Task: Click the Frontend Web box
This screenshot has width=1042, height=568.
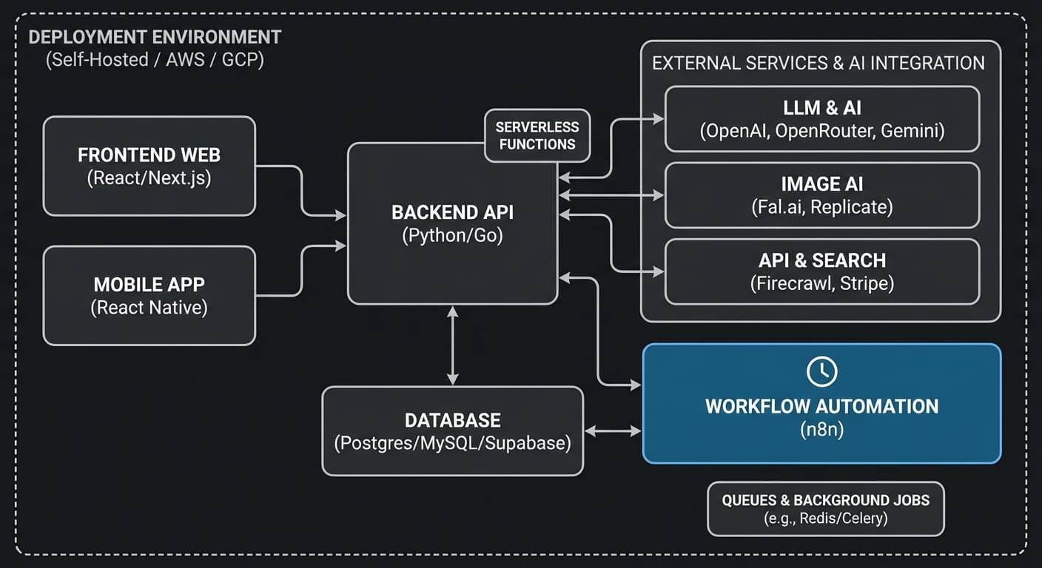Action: pos(149,166)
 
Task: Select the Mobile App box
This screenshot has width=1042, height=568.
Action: pos(149,295)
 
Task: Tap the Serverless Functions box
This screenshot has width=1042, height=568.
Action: pos(537,135)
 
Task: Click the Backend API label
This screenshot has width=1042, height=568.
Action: pos(452,213)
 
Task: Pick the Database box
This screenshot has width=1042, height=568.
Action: pos(452,430)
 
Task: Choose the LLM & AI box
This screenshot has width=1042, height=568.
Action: pos(821,118)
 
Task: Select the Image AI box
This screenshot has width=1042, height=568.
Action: pos(821,195)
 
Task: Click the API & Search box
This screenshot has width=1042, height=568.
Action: pos(821,271)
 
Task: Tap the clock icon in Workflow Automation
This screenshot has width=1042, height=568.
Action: pos(821,372)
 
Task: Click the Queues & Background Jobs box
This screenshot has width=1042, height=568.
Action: pos(825,509)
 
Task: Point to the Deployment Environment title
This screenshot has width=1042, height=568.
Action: pos(155,37)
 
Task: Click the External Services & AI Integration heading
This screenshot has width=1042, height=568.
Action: pos(818,63)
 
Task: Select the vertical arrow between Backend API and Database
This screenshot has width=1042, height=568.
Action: pos(452,345)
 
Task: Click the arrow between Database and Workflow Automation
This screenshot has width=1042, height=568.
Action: pos(612,430)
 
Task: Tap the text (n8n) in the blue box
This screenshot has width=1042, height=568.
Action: pos(821,429)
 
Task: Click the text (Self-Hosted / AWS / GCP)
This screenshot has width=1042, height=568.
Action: pos(155,59)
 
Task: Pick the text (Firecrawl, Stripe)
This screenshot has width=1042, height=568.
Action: pos(821,283)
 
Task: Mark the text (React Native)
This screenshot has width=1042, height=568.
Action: pos(149,308)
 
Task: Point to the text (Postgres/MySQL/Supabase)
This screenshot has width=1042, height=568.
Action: pos(452,444)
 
